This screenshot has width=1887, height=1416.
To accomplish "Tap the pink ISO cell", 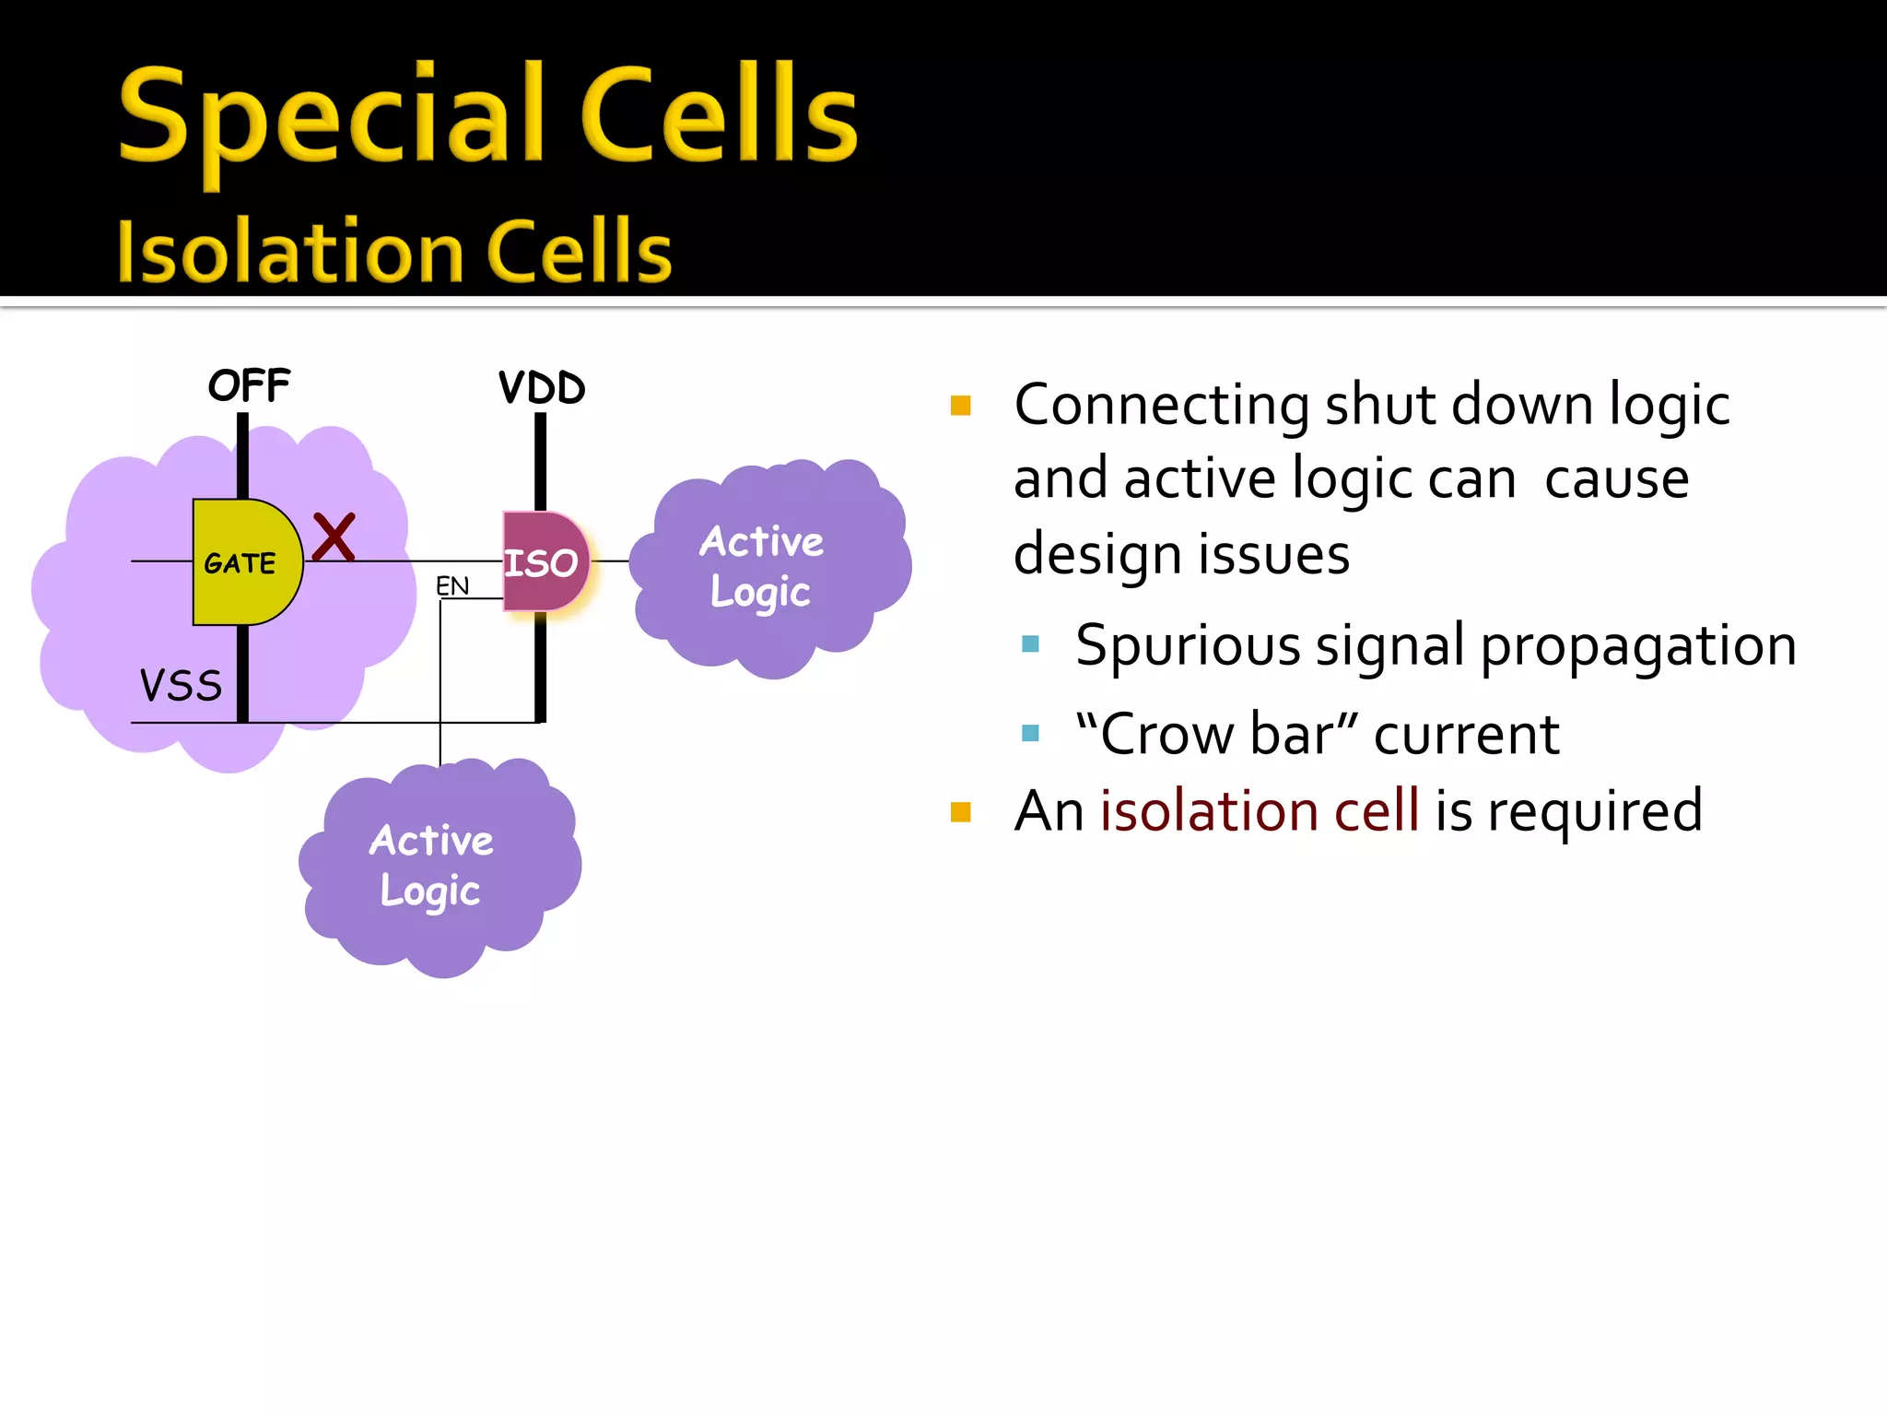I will (x=544, y=562).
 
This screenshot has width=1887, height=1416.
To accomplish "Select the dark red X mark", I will (x=334, y=537).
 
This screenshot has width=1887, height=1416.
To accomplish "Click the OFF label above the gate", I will (x=249, y=385).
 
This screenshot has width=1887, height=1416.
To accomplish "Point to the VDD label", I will (x=542, y=387).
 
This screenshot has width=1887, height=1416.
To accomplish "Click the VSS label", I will (x=181, y=686).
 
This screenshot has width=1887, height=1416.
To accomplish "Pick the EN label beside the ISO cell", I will (x=452, y=585).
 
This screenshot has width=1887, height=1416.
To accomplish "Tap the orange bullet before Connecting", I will (x=961, y=406).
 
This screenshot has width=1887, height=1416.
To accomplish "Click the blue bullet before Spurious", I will (x=1030, y=644).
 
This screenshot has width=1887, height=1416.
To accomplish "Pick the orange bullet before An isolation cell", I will (x=961, y=812).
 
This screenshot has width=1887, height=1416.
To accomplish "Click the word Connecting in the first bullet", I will (x=1162, y=406).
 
